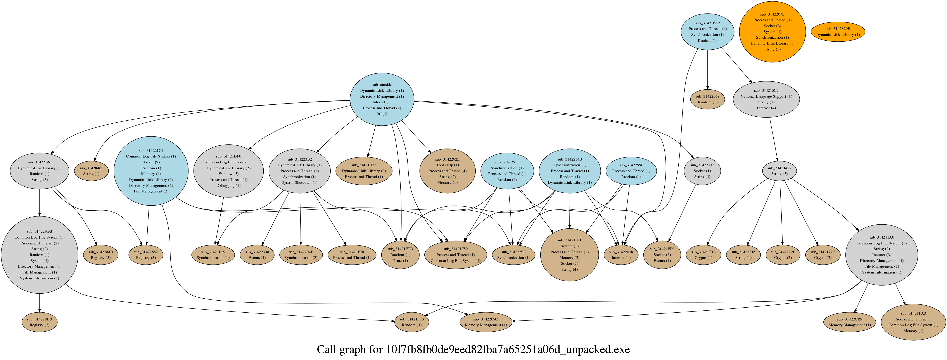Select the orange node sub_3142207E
772,32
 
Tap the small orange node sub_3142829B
838,32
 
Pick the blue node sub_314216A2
707,32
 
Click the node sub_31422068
707,99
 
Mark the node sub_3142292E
447,171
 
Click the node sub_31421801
569,255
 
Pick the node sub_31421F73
411,322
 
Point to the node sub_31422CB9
849,322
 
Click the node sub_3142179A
703,255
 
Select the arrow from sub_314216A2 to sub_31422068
707,69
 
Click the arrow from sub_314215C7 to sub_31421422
774,139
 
